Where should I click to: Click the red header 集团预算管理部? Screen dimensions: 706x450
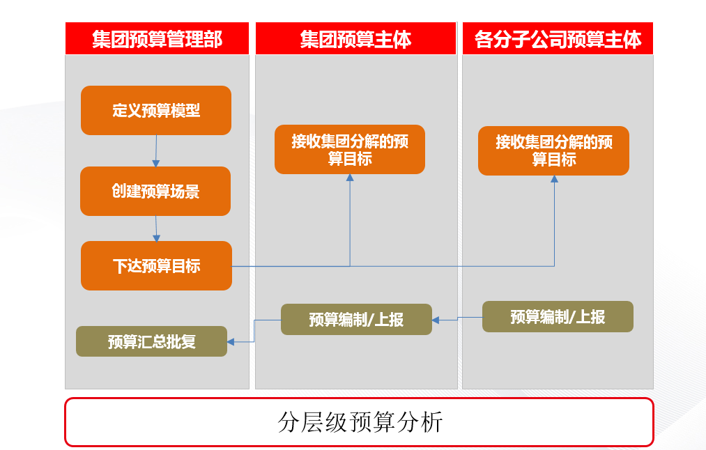(157, 39)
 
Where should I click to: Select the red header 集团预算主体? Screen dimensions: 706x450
(355, 39)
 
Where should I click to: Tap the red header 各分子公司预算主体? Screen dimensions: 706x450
(558, 39)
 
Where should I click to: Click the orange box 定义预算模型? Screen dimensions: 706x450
(156, 110)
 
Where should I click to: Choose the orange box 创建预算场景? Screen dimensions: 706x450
(155, 192)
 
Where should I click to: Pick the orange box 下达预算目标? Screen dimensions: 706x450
(156, 265)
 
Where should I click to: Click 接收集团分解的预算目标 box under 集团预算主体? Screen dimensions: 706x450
(350, 149)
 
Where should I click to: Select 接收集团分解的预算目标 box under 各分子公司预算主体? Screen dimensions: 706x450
(554, 150)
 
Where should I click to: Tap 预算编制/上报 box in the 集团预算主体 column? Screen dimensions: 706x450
(356, 320)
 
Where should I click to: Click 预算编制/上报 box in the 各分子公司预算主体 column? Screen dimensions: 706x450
(558, 317)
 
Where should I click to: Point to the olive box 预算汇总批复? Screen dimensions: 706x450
(152, 341)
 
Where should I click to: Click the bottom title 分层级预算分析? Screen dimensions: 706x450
(360, 422)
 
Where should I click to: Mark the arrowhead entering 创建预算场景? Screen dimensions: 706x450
(156, 163)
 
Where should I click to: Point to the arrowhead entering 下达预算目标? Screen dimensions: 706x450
(157, 238)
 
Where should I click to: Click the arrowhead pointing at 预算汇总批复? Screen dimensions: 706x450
(231, 342)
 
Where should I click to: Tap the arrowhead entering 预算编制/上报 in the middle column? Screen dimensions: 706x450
(436, 320)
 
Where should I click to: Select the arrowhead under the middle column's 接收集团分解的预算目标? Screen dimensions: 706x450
(350, 178)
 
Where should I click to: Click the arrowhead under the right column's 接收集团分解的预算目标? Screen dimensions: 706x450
(554, 179)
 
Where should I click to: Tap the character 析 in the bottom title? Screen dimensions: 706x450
(432, 422)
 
